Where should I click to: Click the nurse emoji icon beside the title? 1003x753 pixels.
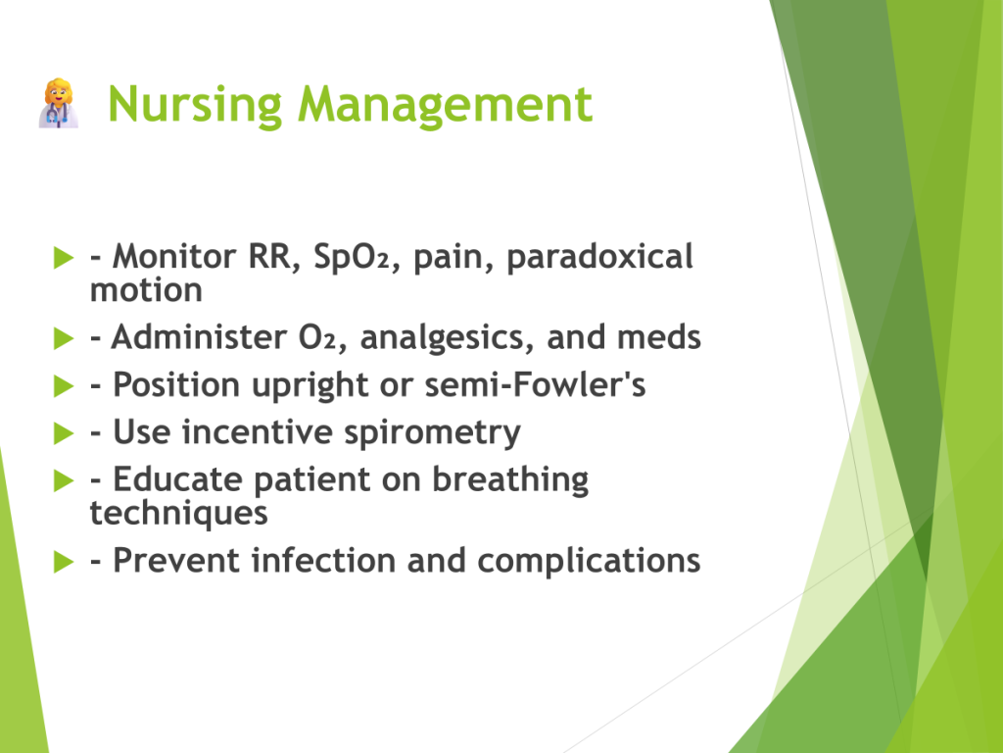click(59, 103)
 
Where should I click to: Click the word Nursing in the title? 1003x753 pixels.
click(195, 105)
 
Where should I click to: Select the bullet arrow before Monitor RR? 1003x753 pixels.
click(64, 258)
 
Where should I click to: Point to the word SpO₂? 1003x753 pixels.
click(352, 256)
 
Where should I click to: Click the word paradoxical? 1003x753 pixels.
click(599, 258)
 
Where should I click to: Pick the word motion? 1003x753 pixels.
click(146, 290)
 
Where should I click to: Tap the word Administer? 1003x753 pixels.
click(199, 337)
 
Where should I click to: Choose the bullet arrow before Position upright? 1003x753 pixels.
click(64, 386)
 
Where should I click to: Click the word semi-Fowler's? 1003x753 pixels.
click(535, 384)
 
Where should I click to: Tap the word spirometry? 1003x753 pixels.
click(432, 433)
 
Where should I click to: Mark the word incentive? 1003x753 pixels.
click(258, 432)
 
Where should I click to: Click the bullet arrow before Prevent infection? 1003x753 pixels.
click(64, 562)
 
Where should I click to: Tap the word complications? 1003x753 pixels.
click(589, 562)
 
